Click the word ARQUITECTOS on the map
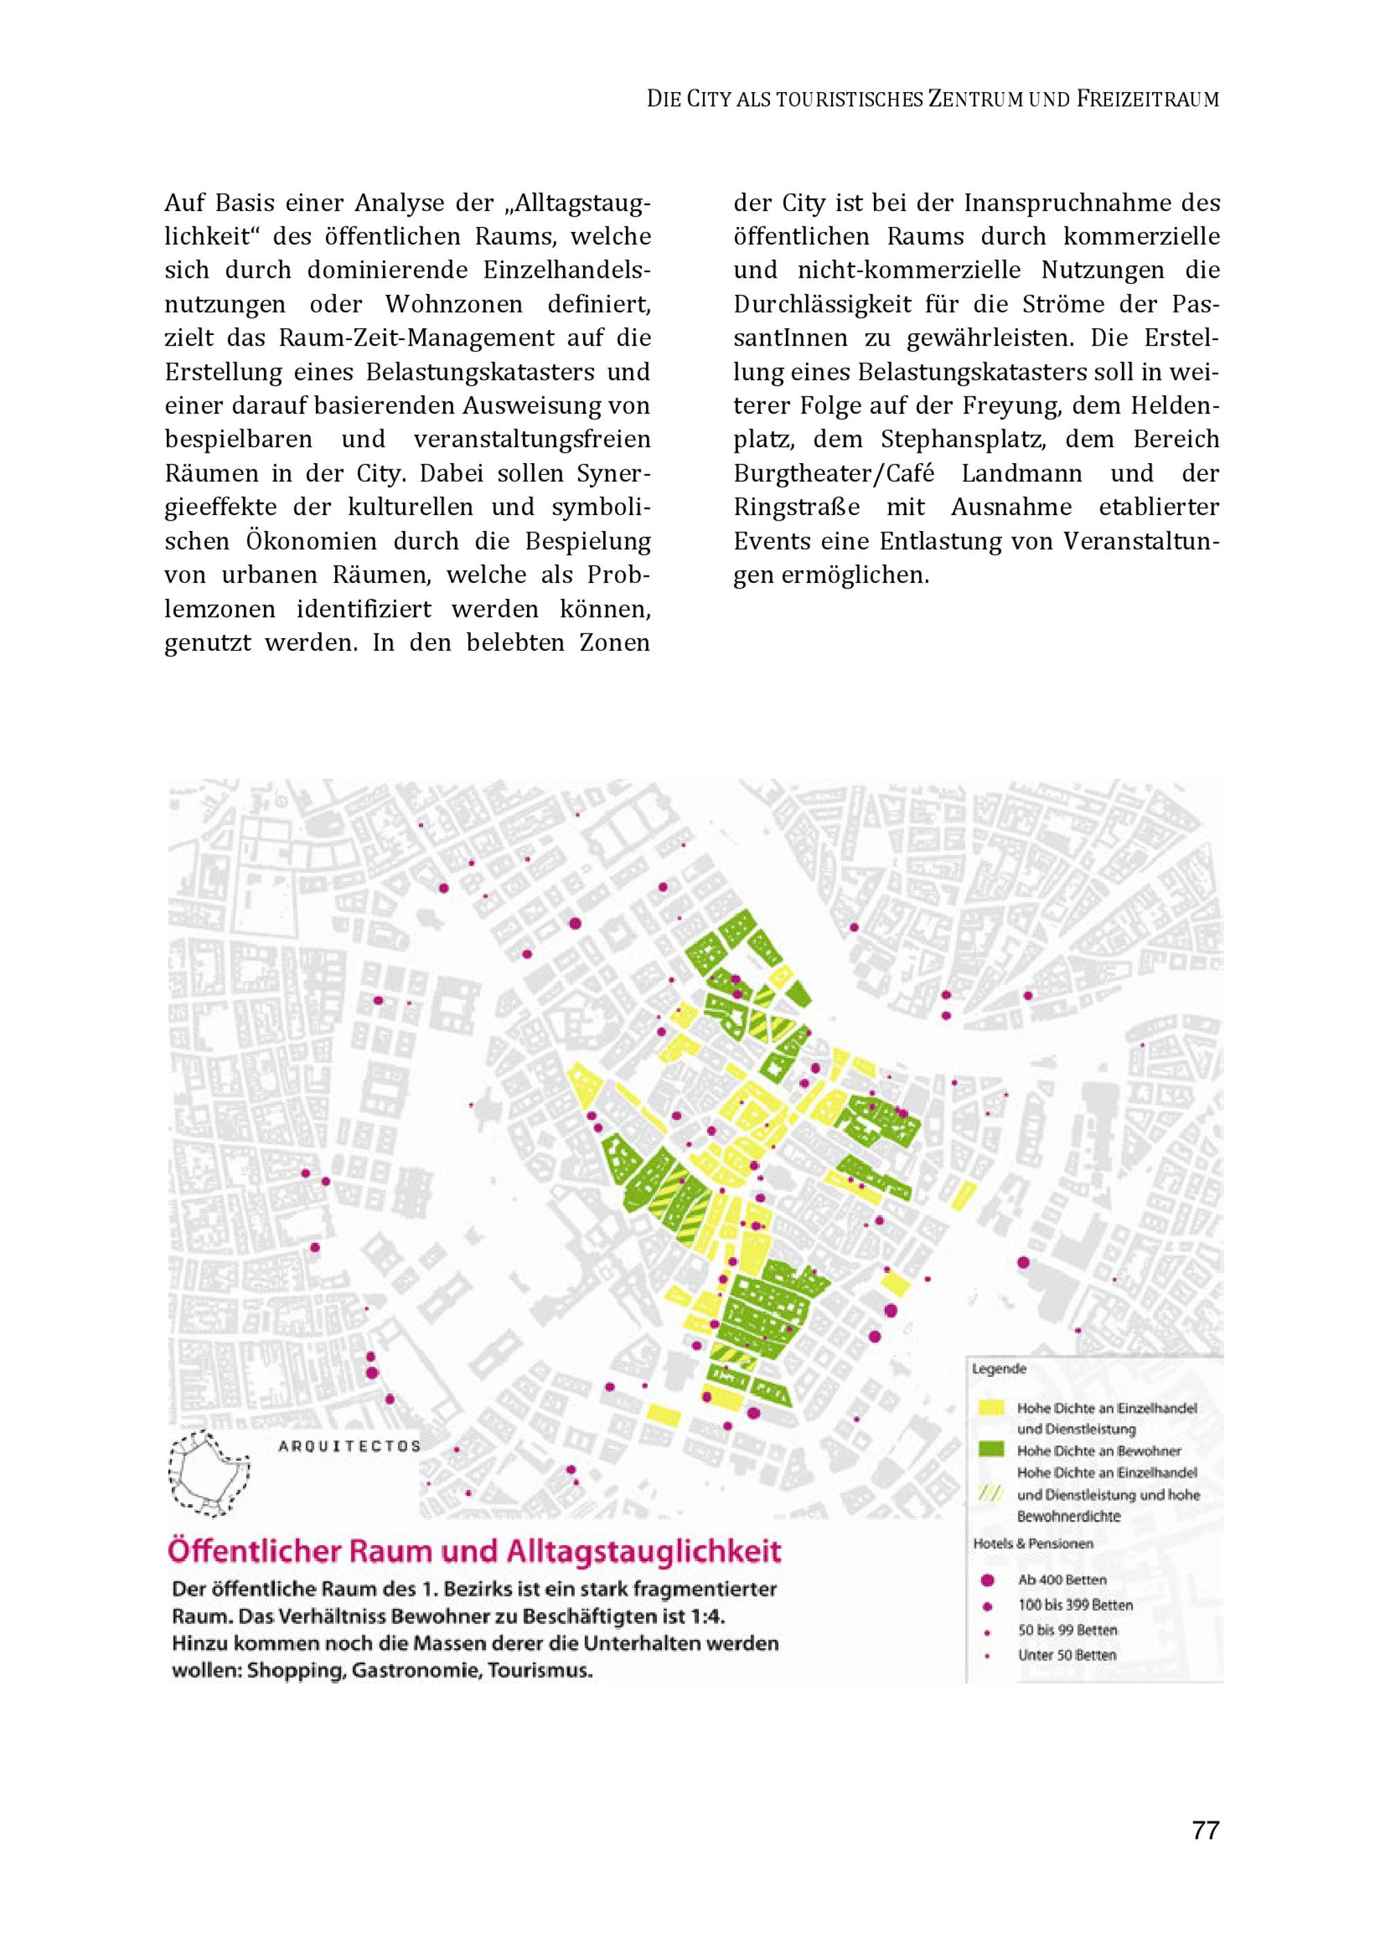(350, 1446)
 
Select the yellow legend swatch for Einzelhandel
(991, 1408)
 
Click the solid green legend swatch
(991, 1450)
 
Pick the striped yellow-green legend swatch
(991, 1494)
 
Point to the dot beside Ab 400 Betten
(988, 1580)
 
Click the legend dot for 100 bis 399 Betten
(988, 1606)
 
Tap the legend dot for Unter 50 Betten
(988, 1655)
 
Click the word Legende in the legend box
(999, 1369)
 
